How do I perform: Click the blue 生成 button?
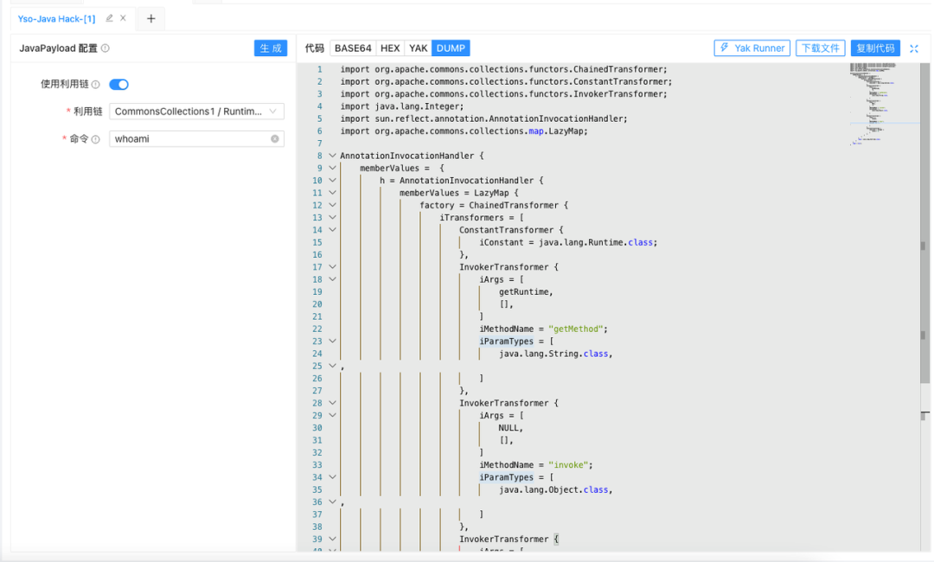(x=271, y=48)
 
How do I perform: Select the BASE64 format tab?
(x=353, y=48)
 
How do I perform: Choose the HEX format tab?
(x=390, y=48)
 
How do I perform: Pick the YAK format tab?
(x=419, y=48)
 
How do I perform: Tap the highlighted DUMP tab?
(x=451, y=48)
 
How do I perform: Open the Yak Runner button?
(x=752, y=48)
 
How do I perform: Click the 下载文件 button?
(x=820, y=48)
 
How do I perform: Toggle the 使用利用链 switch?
(x=118, y=85)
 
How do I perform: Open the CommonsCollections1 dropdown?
(x=196, y=112)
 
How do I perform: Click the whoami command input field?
(x=189, y=138)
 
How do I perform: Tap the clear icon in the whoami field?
(x=275, y=138)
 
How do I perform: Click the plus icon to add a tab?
(x=150, y=18)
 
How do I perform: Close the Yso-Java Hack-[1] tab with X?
(x=123, y=18)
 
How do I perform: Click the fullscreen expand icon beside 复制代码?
(x=914, y=48)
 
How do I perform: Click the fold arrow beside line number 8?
(x=332, y=156)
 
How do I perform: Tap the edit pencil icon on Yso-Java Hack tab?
(x=109, y=18)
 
